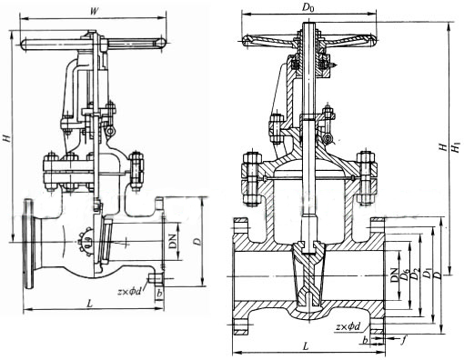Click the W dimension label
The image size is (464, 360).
click(95, 11)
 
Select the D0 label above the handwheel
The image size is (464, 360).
click(308, 8)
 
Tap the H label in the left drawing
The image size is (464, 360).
click(6, 138)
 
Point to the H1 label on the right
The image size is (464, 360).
click(456, 147)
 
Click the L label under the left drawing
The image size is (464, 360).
click(90, 304)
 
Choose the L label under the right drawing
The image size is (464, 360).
click(307, 346)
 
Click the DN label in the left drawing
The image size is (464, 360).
click(173, 241)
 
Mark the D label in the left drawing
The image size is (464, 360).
click(197, 242)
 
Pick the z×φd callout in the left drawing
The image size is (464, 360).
click(130, 292)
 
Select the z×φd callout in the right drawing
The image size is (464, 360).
click(348, 326)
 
